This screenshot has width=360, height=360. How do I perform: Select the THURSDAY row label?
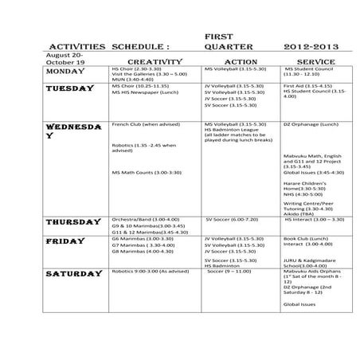pos(74,221)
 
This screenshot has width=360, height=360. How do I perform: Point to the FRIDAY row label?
pos(65,241)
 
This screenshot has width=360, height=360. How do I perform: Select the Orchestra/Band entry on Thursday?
pos(144,219)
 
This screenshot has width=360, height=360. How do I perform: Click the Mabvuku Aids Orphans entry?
pos(314,271)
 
